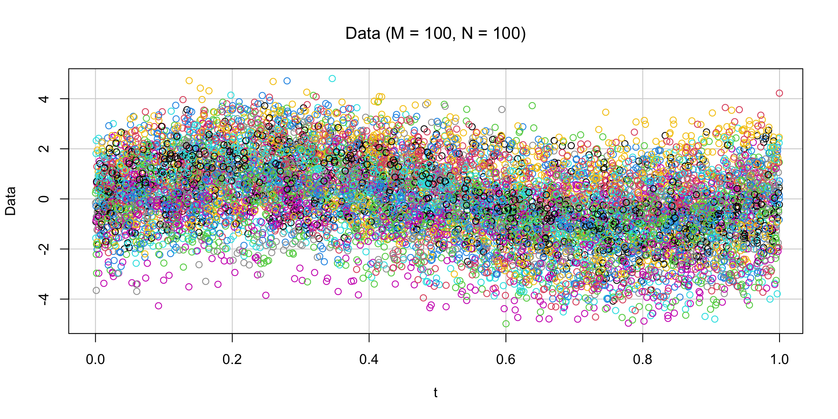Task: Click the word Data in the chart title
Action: [x=362, y=34]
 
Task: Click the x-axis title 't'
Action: [x=436, y=393]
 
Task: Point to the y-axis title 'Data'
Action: [x=10, y=201]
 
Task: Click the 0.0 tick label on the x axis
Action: [x=95, y=360]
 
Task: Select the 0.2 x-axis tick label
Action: [x=232, y=360]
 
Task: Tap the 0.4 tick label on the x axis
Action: [x=369, y=360]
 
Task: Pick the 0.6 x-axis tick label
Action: [x=506, y=360]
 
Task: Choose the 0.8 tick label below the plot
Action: [x=642, y=360]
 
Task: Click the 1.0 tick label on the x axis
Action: [x=780, y=360]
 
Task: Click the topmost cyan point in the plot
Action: [x=332, y=79]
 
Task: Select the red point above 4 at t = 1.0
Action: [x=780, y=93]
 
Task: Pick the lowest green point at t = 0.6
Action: [x=506, y=324]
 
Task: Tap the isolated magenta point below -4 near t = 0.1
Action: [x=158, y=306]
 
